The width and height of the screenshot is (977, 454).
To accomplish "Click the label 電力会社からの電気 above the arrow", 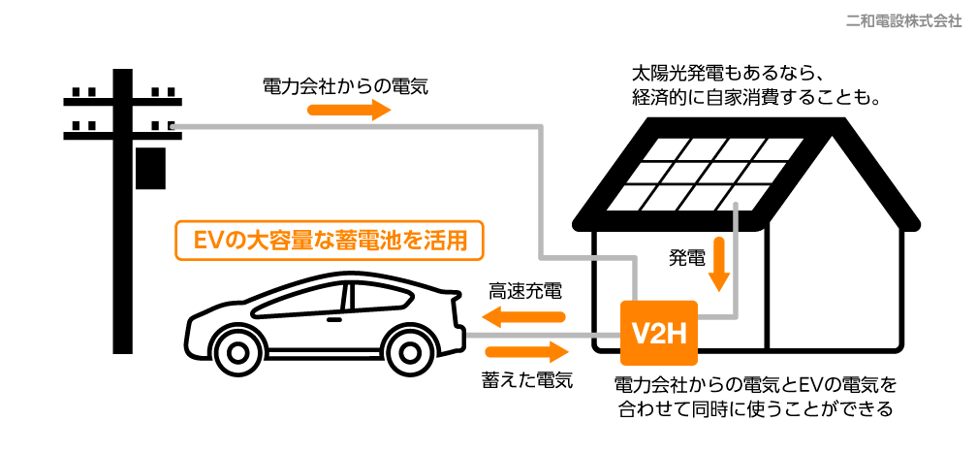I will pyautogui.click(x=345, y=85).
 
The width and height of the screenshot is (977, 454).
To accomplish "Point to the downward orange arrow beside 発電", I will pyautogui.click(x=718, y=263).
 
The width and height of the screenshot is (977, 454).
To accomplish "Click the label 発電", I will pyautogui.click(x=686, y=258).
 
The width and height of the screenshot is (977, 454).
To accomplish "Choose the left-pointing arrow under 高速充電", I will pyautogui.click(x=524, y=316).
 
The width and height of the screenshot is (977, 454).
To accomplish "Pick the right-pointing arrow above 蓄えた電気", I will pyautogui.click(x=524, y=350).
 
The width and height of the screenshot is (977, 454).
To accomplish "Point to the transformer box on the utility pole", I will pyautogui.click(x=147, y=168).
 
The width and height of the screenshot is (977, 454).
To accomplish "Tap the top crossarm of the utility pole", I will pyautogui.click(x=122, y=98).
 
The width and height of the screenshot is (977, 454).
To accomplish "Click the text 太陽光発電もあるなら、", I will pyautogui.click(x=727, y=74).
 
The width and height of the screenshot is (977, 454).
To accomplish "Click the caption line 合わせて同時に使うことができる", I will pyautogui.click(x=754, y=408).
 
